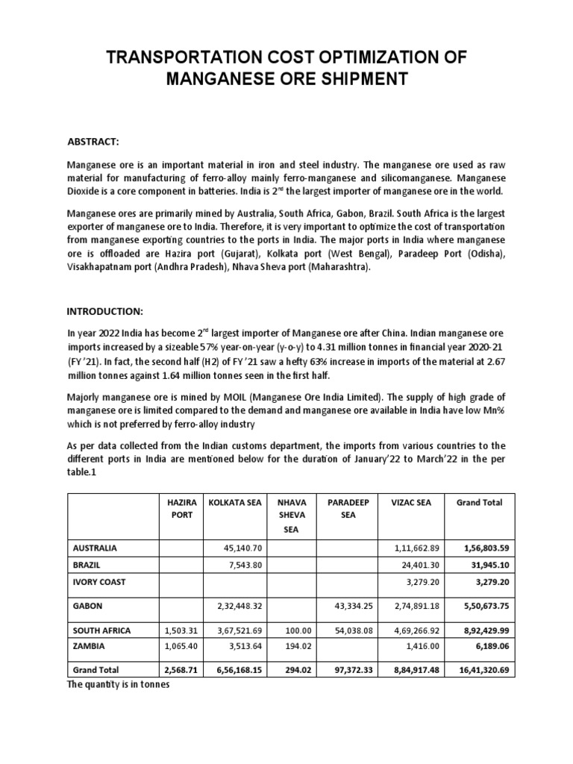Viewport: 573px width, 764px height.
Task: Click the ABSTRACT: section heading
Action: pos(93,142)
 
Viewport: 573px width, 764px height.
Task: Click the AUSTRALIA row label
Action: pos(95,548)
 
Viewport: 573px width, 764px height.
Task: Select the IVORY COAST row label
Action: pos(98,580)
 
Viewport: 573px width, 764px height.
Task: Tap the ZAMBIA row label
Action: pos(88,645)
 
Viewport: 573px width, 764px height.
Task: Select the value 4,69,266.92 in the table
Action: pos(415,630)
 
